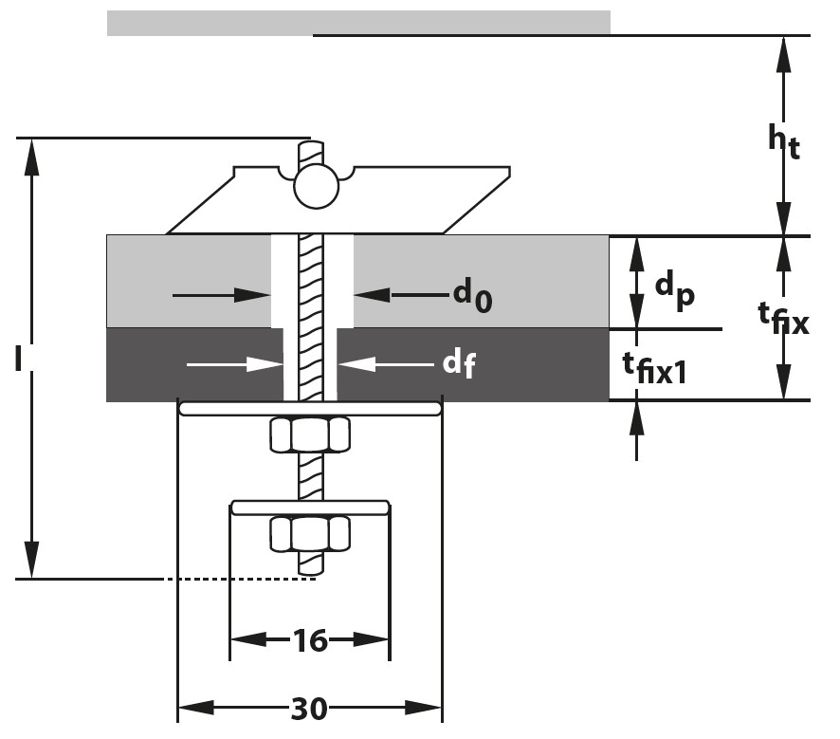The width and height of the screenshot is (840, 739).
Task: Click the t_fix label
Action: click(782, 319)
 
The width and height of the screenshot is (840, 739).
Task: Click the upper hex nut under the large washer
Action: click(309, 435)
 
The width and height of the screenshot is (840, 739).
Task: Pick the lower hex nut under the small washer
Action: click(309, 534)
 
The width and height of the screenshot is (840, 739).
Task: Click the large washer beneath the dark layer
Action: click(310, 408)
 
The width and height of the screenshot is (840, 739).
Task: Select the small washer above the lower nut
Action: click(310, 508)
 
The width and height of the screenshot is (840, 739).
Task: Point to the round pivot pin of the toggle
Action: click(316, 186)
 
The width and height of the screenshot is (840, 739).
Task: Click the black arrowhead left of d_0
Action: click(259, 296)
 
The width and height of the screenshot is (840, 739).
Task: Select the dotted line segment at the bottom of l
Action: click(237, 579)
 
